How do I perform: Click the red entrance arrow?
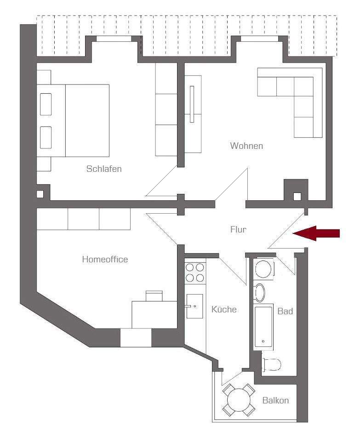click(x=316, y=233)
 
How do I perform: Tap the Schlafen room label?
click(x=104, y=169)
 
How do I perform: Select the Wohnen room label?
click(x=246, y=146)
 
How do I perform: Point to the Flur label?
click(x=238, y=229)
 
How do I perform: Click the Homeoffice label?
click(x=105, y=259)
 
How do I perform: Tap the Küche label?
click(x=224, y=309)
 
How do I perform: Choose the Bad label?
click(x=285, y=311)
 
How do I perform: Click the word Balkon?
click(x=275, y=400)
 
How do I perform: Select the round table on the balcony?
click(x=239, y=400)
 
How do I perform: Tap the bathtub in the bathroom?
click(x=263, y=326)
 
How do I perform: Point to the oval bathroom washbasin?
click(x=260, y=292)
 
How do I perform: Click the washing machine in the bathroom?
click(x=264, y=269)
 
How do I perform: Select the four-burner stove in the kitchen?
click(x=195, y=272)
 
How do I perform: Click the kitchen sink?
click(x=194, y=306)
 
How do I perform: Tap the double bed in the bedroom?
click(x=73, y=121)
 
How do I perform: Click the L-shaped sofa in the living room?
click(x=290, y=102)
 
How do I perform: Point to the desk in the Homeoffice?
click(x=154, y=315)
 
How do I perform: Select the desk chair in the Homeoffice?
click(x=154, y=296)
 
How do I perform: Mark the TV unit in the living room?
click(x=193, y=114)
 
